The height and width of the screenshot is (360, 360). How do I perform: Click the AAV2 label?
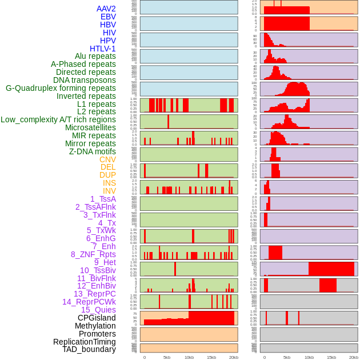(x=106, y=9)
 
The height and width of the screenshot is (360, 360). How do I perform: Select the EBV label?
(x=108, y=17)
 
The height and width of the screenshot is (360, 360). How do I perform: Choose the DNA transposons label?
(x=85, y=80)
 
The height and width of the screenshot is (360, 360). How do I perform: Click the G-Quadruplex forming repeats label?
(x=61, y=88)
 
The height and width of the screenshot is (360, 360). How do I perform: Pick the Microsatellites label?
(x=90, y=127)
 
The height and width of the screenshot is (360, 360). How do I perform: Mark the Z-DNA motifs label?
(x=93, y=151)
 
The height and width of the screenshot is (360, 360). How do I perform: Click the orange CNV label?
(x=107, y=159)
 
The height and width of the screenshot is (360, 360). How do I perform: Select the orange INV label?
(x=109, y=191)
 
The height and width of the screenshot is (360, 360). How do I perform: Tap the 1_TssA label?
(x=103, y=199)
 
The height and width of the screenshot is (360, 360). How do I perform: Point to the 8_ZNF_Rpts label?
(x=93, y=254)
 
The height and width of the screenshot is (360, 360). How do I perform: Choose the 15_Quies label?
(x=98, y=310)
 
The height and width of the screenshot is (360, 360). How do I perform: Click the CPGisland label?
(x=97, y=318)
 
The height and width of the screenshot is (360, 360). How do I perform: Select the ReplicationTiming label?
(x=84, y=342)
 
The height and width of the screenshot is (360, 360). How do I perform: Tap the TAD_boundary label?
(x=89, y=349)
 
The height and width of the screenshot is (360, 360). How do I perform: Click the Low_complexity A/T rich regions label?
(x=58, y=119)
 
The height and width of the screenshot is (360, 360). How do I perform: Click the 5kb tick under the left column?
(x=167, y=357)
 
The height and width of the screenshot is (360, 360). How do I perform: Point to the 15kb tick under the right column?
(x=331, y=357)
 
